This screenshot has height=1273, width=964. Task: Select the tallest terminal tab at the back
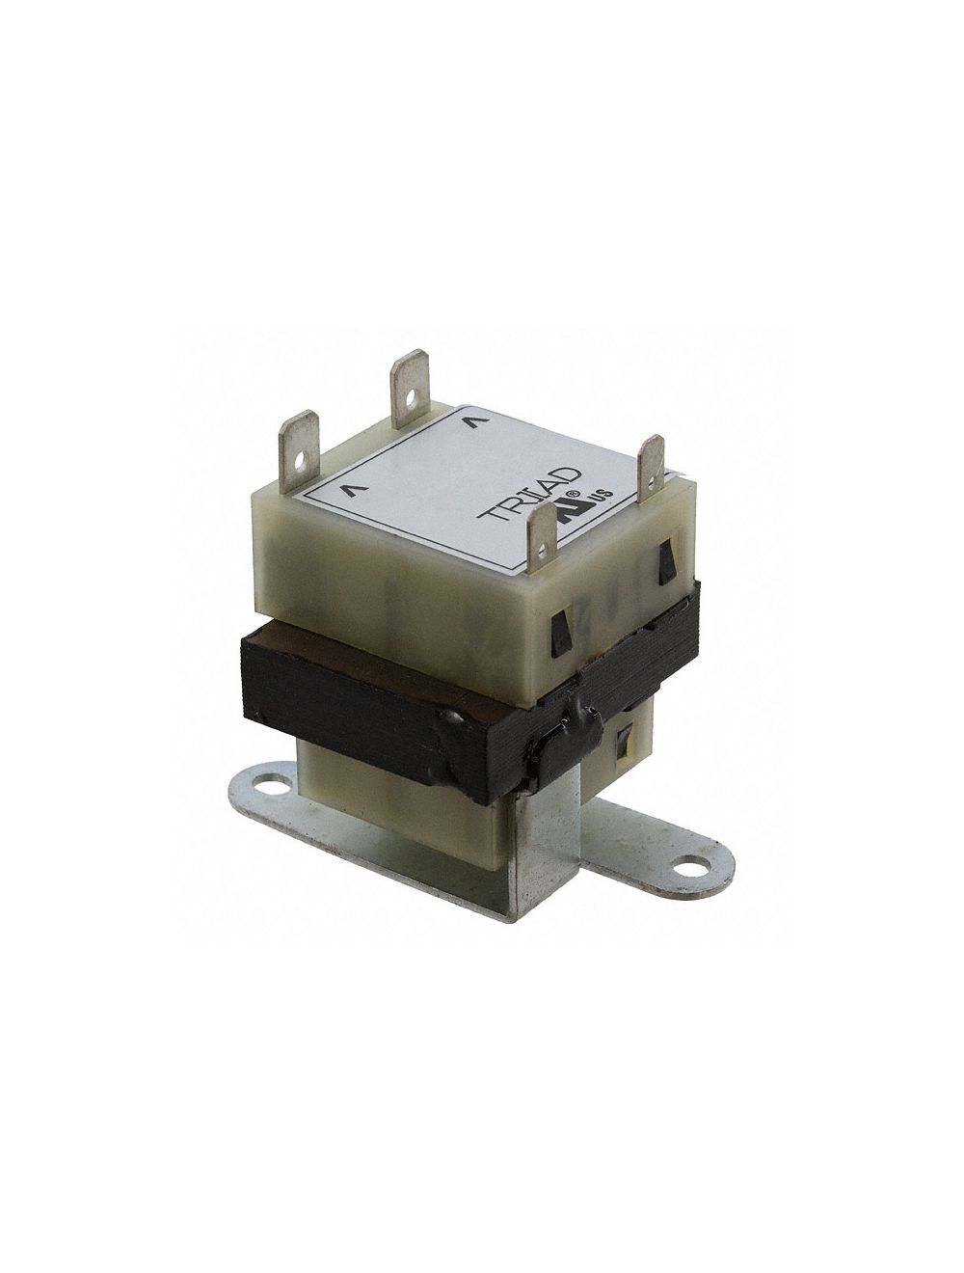click(409, 386)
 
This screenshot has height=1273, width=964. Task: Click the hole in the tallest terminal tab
click(411, 395)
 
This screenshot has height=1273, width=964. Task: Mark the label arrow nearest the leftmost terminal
click(347, 489)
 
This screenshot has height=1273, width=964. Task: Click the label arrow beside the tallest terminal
click(470, 421)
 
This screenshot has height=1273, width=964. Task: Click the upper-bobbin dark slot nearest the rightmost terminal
click(664, 561)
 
